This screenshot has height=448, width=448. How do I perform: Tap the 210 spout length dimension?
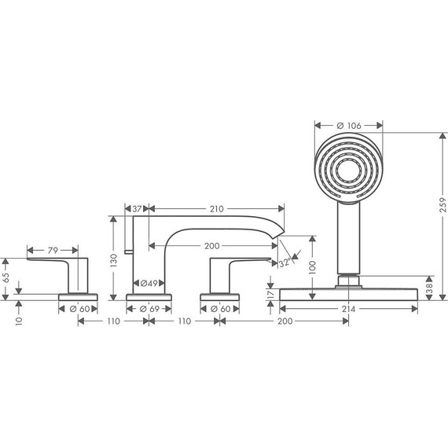pyautogui.click(x=216, y=209)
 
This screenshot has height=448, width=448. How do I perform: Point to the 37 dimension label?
pyautogui.click(x=137, y=209)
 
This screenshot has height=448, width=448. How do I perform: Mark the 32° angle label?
pyautogui.click(x=285, y=265)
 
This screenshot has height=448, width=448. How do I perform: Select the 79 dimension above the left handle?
pyautogui.click(x=53, y=251)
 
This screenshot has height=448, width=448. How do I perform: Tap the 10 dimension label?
pyautogui.click(x=18, y=320)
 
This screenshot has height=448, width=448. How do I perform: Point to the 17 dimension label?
pyautogui.click(x=270, y=296)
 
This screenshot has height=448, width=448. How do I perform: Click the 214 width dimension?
pyautogui.click(x=348, y=310)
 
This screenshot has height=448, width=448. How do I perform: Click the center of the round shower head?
pyautogui.click(x=348, y=167)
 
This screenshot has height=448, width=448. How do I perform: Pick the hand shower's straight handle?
pyautogui.click(x=347, y=236)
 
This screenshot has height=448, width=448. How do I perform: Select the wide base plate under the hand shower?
pyautogui.click(x=348, y=293)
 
